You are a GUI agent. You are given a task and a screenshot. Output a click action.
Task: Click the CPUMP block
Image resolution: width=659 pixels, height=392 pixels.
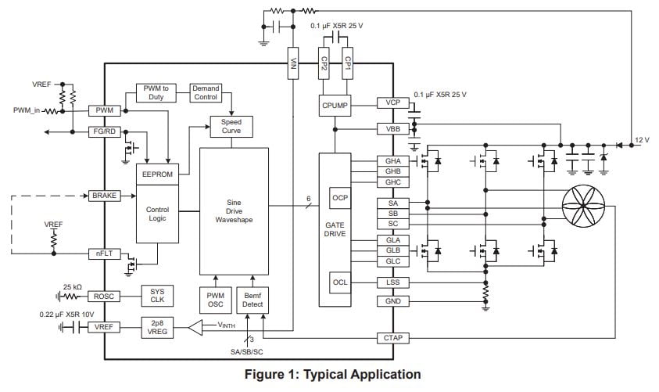[335, 105]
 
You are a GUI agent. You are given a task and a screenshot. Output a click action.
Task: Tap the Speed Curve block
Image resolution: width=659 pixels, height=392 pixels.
[231, 127]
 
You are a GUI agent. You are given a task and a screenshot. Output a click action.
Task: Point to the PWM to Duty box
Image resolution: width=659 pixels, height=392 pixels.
[159, 94]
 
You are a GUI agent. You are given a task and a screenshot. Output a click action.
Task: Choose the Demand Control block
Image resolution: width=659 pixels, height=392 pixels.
[206, 94]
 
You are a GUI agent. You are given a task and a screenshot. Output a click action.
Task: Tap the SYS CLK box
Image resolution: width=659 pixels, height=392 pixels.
[157, 296]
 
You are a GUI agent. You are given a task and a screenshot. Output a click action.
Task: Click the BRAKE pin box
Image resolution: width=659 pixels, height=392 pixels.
[104, 195]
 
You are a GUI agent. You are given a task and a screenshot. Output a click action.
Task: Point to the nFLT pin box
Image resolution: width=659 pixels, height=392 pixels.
[104, 254]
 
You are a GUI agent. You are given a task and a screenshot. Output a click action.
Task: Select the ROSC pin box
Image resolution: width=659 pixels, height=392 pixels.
[104, 297]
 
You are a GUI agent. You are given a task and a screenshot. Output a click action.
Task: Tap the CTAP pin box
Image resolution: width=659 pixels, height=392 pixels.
[392, 337]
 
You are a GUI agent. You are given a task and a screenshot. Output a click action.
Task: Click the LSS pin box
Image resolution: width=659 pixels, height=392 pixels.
[392, 282]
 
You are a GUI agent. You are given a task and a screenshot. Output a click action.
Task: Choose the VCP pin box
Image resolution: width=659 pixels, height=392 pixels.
[392, 102]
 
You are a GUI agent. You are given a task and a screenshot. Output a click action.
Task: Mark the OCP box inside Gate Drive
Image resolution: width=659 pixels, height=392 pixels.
[340, 198]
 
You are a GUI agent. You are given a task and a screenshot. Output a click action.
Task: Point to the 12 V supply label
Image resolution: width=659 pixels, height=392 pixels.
[641, 139]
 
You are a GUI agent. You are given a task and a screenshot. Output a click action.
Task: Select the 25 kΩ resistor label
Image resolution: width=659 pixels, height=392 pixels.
[73, 286]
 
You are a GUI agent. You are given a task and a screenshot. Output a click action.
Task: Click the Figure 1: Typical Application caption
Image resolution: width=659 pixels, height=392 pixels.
[333, 375]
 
